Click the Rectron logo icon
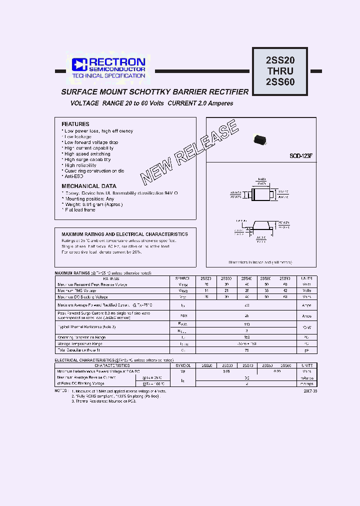(x=79, y=64)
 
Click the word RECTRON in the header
(x=117, y=62)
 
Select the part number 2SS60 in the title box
(x=279, y=82)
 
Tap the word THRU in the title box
(x=279, y=71)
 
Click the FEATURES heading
(x=75, y=124)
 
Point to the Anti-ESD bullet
(x=73, y=176)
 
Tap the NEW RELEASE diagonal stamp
(x=188, y=152)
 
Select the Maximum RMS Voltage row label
(x=76, y=290)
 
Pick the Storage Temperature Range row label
(x=79, y=343)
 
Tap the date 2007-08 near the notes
(x=309, y=391)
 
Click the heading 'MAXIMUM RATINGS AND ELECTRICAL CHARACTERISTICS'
(x=124, y=234)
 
